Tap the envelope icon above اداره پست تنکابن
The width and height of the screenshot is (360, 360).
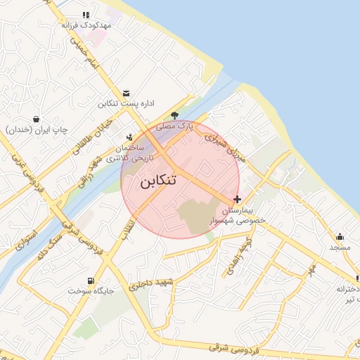(126, 93)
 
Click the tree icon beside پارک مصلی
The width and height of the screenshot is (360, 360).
(174, 116)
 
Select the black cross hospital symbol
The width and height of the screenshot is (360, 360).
(238, 200)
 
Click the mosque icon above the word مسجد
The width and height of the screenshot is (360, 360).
(340, 236)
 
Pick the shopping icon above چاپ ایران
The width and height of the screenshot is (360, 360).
(36, 119)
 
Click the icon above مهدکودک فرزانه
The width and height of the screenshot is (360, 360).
(86, 14)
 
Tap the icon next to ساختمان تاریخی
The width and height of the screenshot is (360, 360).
(129, 137)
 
